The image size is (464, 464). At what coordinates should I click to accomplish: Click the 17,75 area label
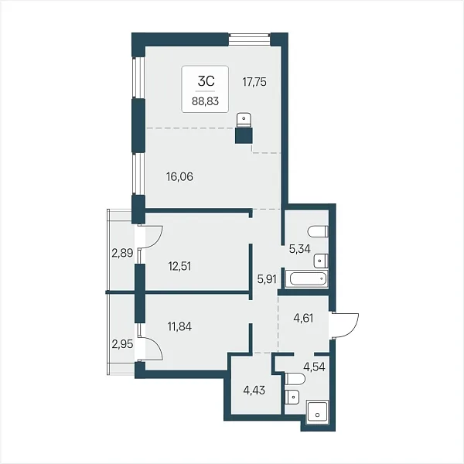pos(254,82)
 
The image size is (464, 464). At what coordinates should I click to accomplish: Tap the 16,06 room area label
pos(179,176)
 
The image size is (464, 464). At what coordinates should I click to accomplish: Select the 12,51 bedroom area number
pos(179,266)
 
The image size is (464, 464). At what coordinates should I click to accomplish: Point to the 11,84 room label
pos(179,326)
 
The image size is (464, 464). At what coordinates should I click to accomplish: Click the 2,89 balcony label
pos(122,253)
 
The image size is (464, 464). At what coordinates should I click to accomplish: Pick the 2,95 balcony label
pos(122,344)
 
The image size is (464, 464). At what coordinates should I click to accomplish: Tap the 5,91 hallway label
pos(267,279)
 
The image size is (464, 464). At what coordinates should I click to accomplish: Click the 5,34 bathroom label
pos(300,249)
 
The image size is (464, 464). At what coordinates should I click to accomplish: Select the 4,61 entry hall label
pos(303,318)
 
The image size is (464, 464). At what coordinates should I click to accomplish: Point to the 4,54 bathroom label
pos(314,367)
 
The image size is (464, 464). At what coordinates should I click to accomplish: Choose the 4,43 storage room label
pos(254,391)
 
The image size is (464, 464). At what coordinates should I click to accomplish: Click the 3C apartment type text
pos(206,80)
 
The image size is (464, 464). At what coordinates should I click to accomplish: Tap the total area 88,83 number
pos(206,101)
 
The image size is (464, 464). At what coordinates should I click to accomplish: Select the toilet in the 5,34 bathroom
pos(318,231)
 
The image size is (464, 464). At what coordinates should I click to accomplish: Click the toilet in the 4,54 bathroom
pos(295,379)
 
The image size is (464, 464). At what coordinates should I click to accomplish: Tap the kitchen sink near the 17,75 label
pos(244,119)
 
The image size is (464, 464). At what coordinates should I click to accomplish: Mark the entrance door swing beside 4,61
pos(345,326)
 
